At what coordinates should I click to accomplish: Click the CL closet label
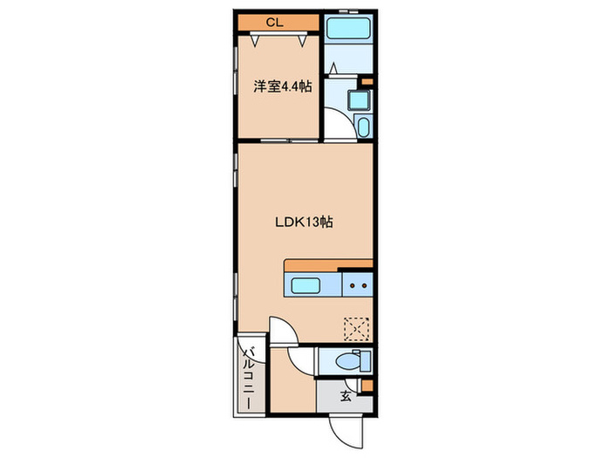pos(274,23)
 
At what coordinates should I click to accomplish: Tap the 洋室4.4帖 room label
pos(283,86)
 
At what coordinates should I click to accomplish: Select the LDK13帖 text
pos(304,222)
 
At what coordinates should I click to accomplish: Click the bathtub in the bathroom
pos(348,26)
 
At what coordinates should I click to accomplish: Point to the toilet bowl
pos(348,362)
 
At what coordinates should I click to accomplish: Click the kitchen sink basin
pos(305,285)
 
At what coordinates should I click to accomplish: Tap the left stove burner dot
pos(352,286)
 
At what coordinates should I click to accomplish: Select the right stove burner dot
pos(364,286)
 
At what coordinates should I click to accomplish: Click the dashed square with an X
pos(356,330)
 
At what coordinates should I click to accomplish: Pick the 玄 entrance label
pos(346,396)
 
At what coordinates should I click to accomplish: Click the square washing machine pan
pos(359,100)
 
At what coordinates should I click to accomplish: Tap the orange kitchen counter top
pos(328,265)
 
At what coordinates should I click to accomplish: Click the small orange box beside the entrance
pos(367,386)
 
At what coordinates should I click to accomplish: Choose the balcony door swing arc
pos(255,356)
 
